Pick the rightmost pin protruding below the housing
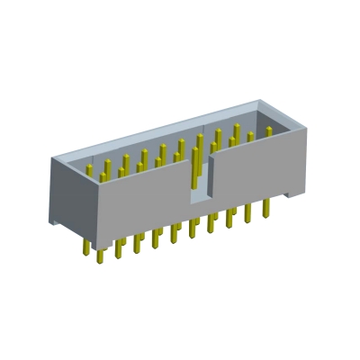(x=265, y=208)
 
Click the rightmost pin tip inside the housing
(x=268, y=132)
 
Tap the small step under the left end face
(x=57, y=221)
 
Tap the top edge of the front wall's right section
(x=261, y=139)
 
